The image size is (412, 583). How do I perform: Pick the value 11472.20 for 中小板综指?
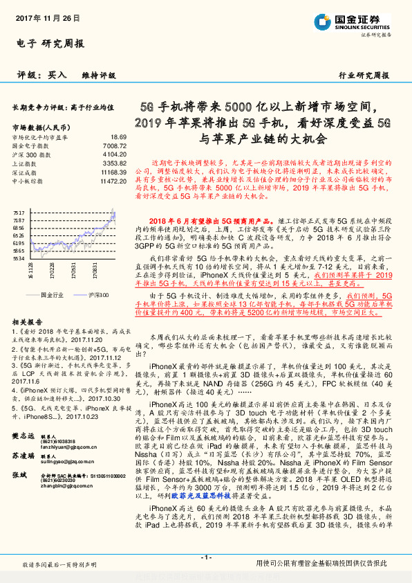click(x=112, y=180)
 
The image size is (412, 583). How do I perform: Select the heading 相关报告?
click(x=26, y=322)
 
